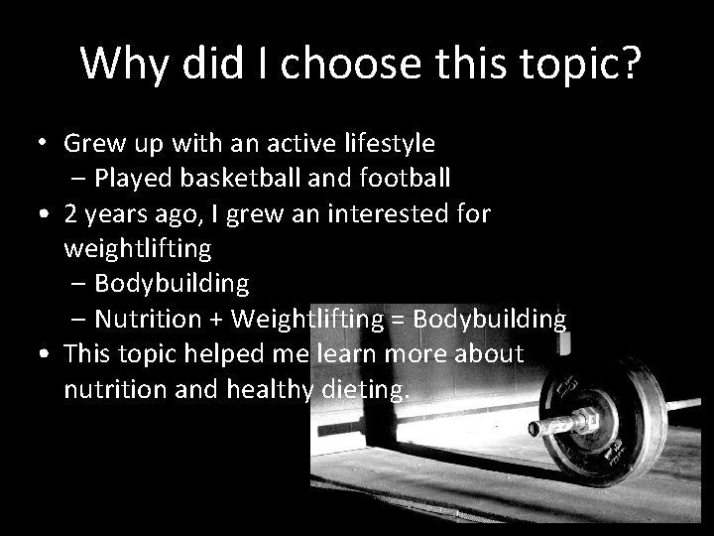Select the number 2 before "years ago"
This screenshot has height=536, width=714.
[x=70, y=213]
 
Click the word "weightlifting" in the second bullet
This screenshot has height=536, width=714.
[x=137, y=248]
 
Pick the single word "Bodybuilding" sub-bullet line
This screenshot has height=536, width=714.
[x=173, y=283]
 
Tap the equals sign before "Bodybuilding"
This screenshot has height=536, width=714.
[x=396, y=320]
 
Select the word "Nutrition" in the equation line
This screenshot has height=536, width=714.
[x=149, y=320]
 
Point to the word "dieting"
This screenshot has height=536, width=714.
[x=364, y=389]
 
